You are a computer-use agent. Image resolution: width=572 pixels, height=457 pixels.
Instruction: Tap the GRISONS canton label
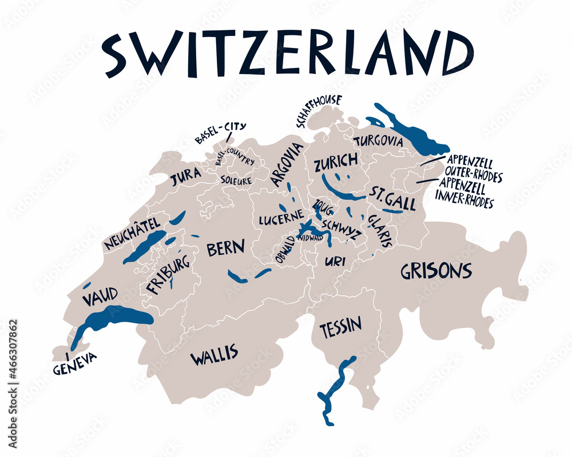pyautogui.click(x=436, y=271)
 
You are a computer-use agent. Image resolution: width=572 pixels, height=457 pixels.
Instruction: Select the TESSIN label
pyautogui.click(x=340, y=327)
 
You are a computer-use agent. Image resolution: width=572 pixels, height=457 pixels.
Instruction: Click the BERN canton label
pyautogui.click(x=225, y=248)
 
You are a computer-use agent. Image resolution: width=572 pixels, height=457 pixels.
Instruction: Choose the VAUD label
pyautogui.click(x=100, y=297)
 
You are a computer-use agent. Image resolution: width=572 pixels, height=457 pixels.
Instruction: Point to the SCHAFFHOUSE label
pyautogui.click(x=318, y=110)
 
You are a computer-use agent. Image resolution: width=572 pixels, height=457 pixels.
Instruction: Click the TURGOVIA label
pyautogui.click(x=378, y=141)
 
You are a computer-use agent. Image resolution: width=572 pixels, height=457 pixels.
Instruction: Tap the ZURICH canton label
pyautogui.click(x=336, y=163)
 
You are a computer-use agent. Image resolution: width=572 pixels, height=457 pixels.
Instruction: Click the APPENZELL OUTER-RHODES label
pyautogui.click(x=474, y=169)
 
